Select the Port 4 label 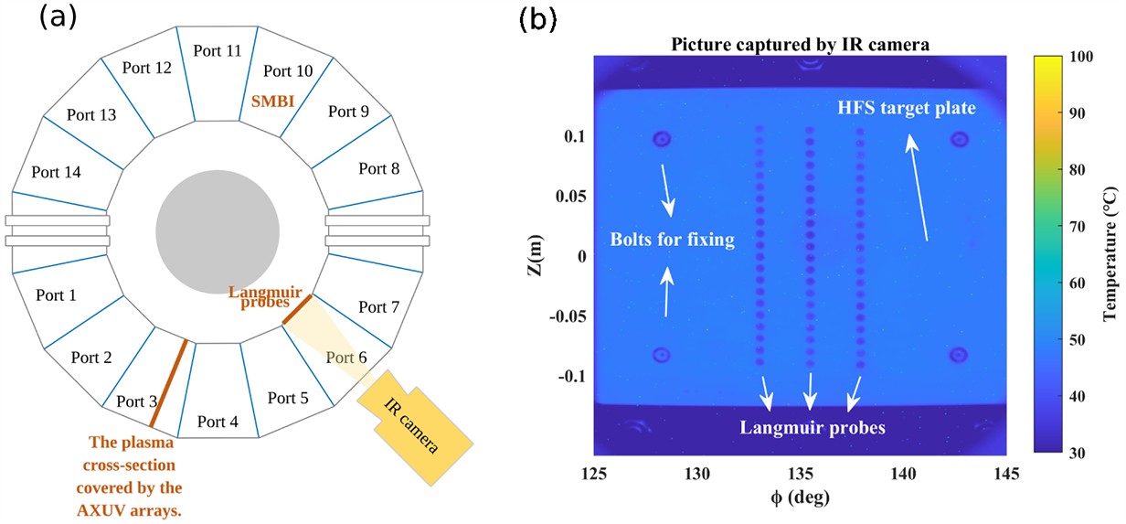pos(218,422)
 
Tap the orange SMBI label pos(273,102)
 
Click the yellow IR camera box pos(414,428)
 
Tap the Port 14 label pos(56,171)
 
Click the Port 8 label pos(379,168)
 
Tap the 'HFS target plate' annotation pos(907,108)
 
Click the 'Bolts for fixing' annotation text pos(673,241)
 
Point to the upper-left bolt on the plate pos(662,140)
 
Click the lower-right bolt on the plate pos(958,355)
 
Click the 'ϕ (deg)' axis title pos(800,498)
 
